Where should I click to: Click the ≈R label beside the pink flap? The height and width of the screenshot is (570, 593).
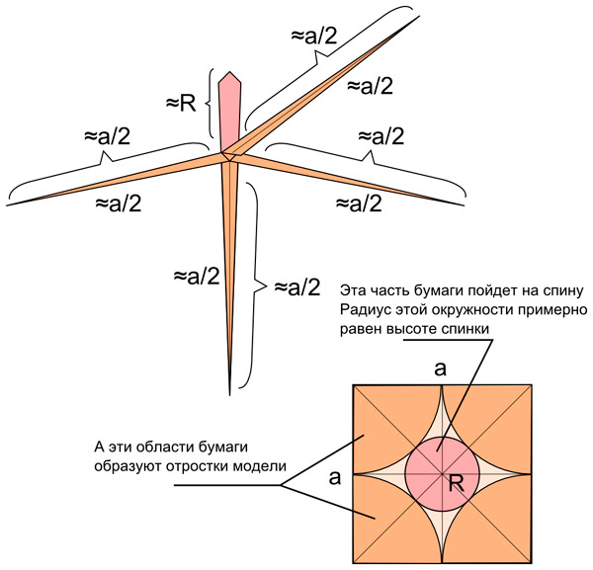pyautogui.click(x=182, y=102)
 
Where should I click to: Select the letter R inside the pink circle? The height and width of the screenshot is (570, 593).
pyautogui.click(x=457, y=483)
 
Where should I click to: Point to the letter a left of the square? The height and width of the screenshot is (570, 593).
pyautogui.click(x=335, y=478)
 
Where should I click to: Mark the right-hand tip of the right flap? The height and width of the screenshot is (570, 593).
pyautogui.click(x=464, y=204)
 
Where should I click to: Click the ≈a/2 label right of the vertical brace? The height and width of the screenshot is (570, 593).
pyautogui.click(x=296, y=287)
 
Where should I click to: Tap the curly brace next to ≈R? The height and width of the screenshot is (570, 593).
pyautogui.click(x=210, y=102)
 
